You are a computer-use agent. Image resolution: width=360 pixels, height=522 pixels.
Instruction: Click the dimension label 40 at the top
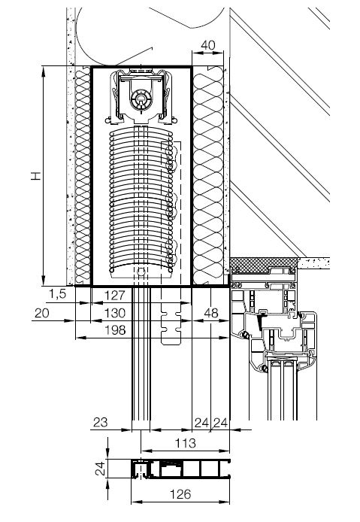[x=208, y=45]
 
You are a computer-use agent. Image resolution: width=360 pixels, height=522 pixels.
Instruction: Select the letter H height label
[x=36, y=176]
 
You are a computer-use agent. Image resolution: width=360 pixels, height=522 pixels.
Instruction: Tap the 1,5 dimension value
[x=58, y=294]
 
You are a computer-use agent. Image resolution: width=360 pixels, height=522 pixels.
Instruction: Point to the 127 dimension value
[x=115, y=295]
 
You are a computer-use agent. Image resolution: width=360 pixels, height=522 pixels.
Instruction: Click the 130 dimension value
[x=115, y=313]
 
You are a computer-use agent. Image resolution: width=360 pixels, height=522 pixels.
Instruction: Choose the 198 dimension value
[x=115, y=330]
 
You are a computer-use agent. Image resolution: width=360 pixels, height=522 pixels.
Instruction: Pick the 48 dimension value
[x=211, y=313]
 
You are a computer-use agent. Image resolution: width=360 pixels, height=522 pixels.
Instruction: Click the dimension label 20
[x=41, y=313]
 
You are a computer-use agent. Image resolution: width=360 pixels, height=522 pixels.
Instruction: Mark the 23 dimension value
[x=100, y=423]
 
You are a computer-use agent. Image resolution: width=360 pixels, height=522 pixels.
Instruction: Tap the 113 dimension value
[x=186, y=443]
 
